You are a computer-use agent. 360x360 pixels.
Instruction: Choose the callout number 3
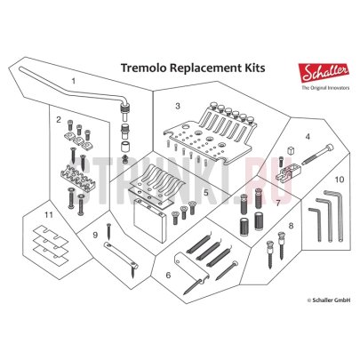point(177,106)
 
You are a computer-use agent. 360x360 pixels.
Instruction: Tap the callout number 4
point(307,137)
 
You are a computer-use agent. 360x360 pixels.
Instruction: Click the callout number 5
point(205,191)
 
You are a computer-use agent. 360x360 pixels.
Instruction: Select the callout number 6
point(167,276)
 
